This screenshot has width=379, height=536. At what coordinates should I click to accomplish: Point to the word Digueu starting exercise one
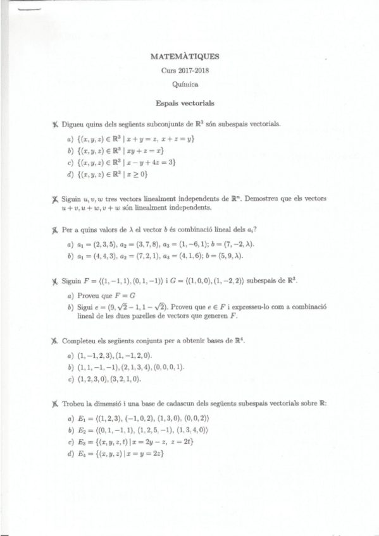[x=74, y=124]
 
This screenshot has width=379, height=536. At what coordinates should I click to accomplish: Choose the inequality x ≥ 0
[x=135, y=174]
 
